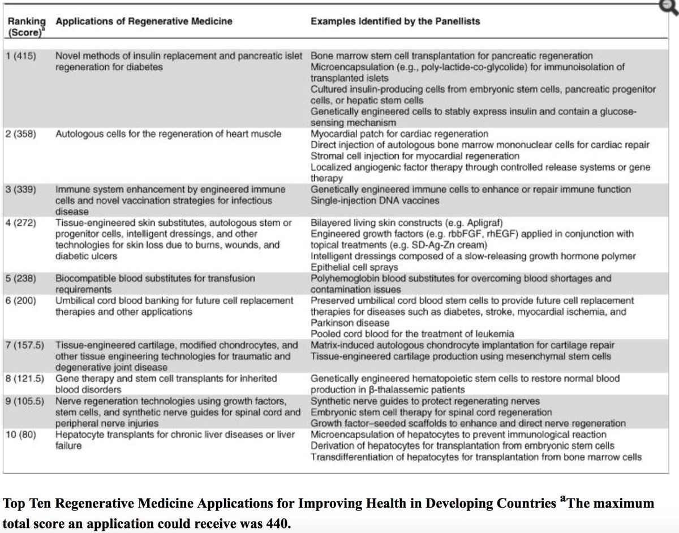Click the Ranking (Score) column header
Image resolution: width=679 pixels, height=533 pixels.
point(25,27)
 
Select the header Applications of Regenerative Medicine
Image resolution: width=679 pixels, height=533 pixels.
point(144,22)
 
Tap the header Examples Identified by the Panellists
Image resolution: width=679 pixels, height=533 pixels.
point(395,22)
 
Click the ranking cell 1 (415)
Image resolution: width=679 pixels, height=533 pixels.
point(22,56)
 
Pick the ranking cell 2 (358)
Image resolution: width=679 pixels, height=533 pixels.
point(22,134)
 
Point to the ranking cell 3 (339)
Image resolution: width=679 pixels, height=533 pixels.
point(22,190)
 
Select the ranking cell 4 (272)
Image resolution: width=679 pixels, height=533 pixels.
point(22,223)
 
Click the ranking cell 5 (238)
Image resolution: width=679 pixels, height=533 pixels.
point(22,278)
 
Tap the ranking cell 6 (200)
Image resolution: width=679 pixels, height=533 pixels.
point(22,300)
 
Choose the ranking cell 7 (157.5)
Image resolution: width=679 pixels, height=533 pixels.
point(26,345)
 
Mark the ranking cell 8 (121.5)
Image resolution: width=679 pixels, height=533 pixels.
point(26,379)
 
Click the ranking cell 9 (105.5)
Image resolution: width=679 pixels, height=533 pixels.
point(26,401)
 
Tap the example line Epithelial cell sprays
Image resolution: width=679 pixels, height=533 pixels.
point(354,267)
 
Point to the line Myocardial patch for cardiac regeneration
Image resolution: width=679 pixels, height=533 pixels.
point(399,134)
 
